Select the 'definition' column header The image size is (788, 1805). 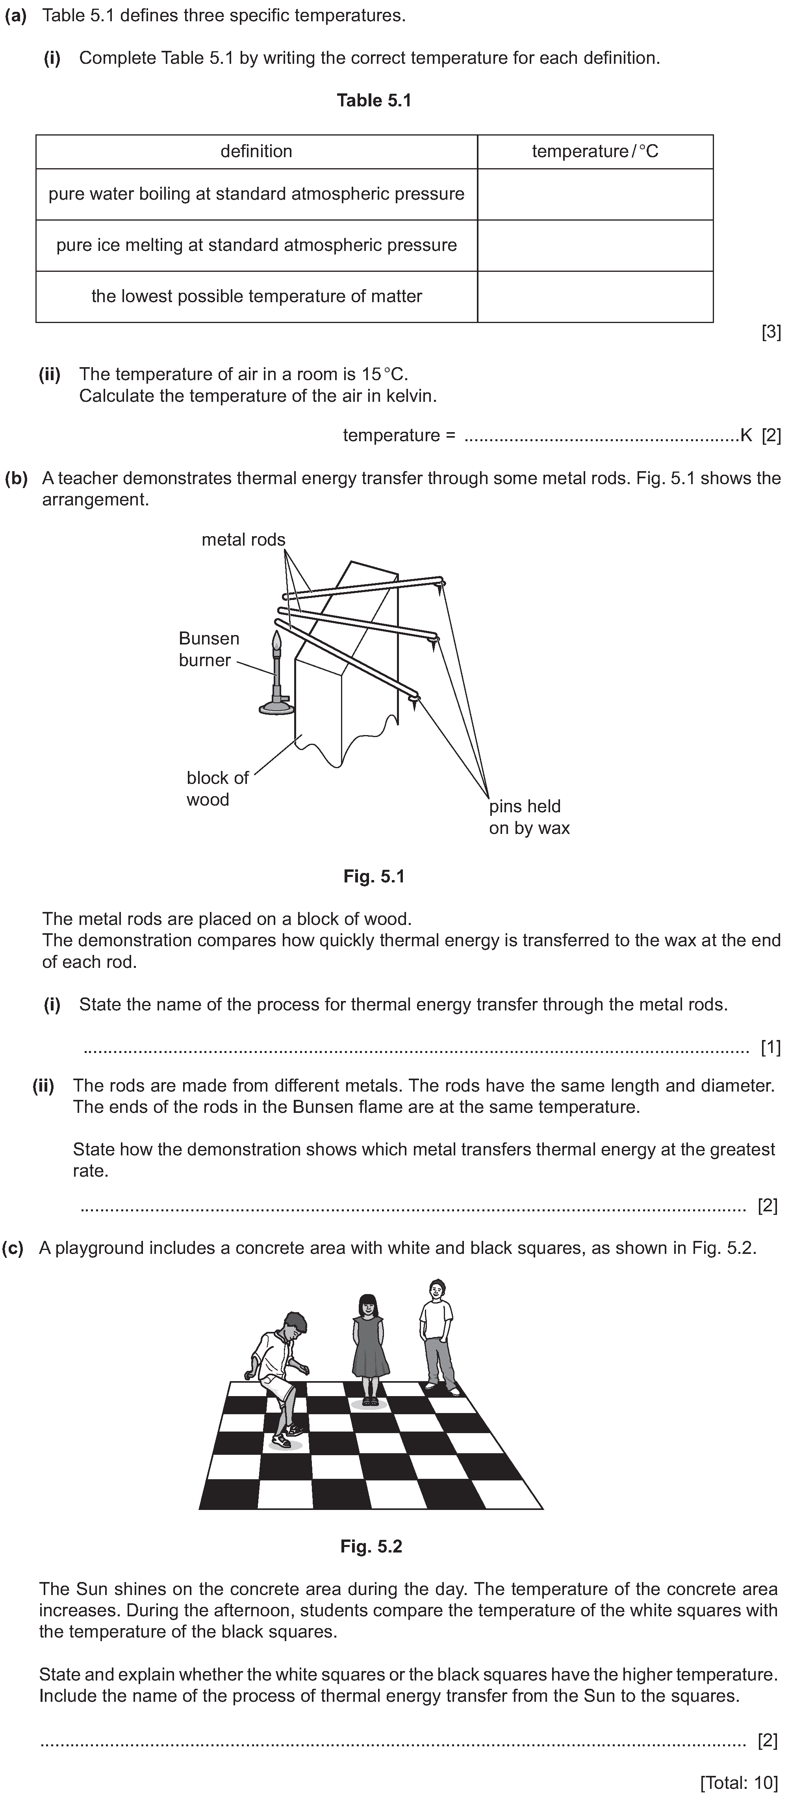click(256, 151)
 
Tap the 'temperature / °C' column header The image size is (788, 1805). click(595, 151)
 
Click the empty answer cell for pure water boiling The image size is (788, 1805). click(595, 194)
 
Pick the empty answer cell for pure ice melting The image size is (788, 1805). click(595, 245)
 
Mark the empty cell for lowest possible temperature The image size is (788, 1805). click(595, 296)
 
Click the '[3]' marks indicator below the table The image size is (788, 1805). click(771, 333)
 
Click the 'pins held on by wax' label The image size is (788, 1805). click(529, 817)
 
